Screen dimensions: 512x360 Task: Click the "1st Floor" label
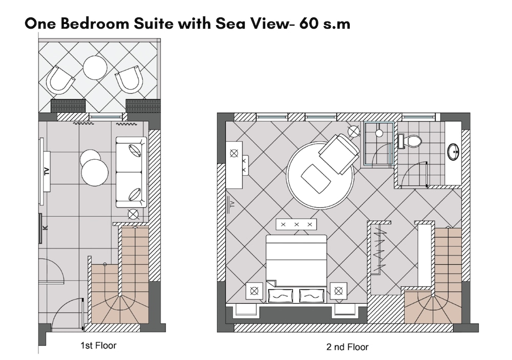pos(98,345)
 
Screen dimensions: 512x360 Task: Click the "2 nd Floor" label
pos(347,347)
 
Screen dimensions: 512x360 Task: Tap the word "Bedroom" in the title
pos(94,24)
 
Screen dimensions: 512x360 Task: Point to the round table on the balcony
pos(95,68)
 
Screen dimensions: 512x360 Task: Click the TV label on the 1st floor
pos(47,171)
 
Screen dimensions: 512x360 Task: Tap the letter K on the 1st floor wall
pos(46,228)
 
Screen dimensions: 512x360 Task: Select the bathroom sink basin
pos(454,152)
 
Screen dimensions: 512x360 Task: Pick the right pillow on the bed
pos(312,295)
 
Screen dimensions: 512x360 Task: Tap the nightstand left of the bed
pos(254,290)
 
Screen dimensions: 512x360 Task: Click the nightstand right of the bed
pos(338,290)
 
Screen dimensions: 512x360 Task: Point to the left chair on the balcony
pos(60,80)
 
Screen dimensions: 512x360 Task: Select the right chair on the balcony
pos(130,79)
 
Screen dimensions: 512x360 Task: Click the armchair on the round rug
pos(339,154)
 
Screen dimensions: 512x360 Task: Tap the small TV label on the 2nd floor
pos(232,204)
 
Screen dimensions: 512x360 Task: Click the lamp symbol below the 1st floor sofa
pos(133,214)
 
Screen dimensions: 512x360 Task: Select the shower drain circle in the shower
pos(379,133)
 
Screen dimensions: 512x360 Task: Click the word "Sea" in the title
pos(228,24)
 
